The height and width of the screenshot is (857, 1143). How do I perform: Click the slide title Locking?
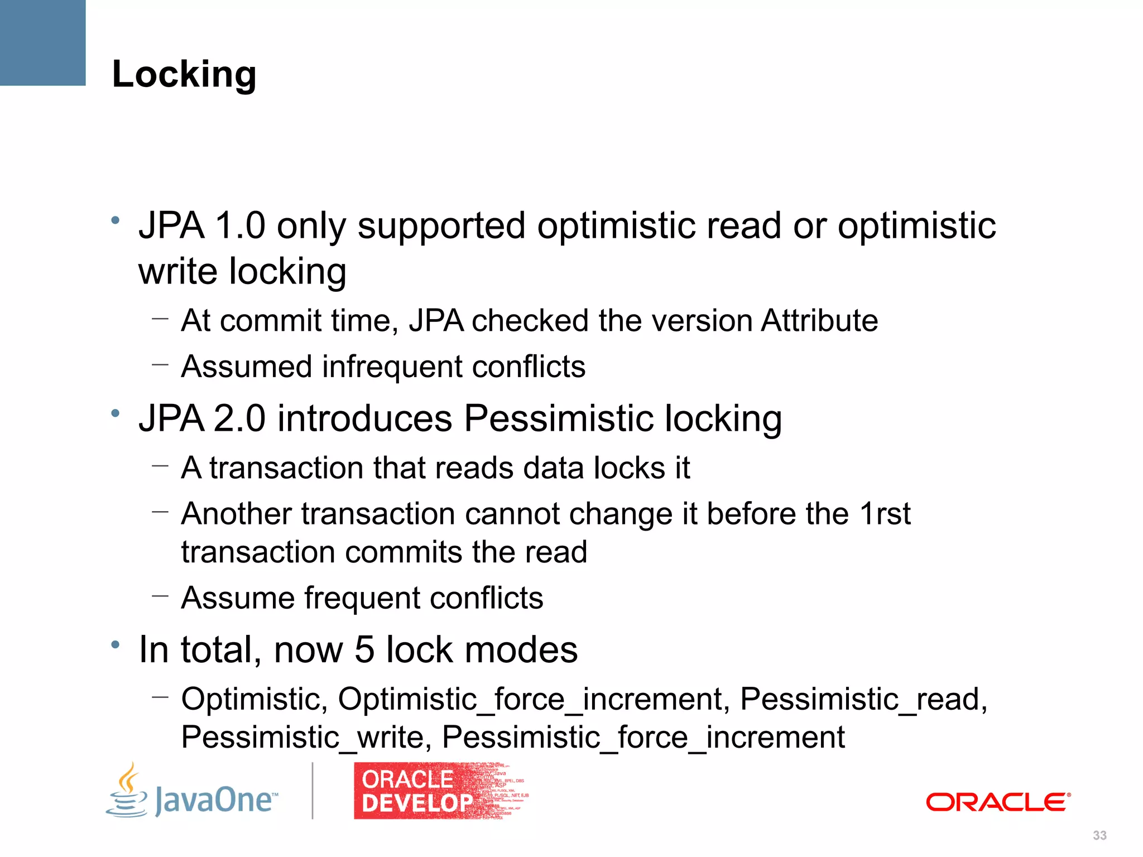pos(184,74)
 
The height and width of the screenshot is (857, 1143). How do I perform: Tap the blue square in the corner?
pos(42,42)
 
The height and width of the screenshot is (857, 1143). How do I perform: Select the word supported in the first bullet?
pos(441,227)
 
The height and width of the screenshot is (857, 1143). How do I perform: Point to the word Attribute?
pos(819,321)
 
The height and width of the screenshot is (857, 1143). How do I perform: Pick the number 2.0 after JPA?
pos(239,418)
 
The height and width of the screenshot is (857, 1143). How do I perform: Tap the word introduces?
pos(364,418)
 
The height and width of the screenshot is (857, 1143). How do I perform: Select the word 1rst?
pos(885,513)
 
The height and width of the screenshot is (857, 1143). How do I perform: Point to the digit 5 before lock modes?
pos(364,650)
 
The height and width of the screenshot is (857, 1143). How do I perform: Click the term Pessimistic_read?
pos(863,699)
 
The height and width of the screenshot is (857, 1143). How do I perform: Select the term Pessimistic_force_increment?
pos(643,738)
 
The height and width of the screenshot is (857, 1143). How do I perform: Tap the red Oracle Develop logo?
pos(416,791)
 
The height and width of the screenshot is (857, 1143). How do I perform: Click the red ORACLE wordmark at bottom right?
pos(998,802)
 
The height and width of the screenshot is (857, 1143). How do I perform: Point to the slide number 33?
pos(1099,835)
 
